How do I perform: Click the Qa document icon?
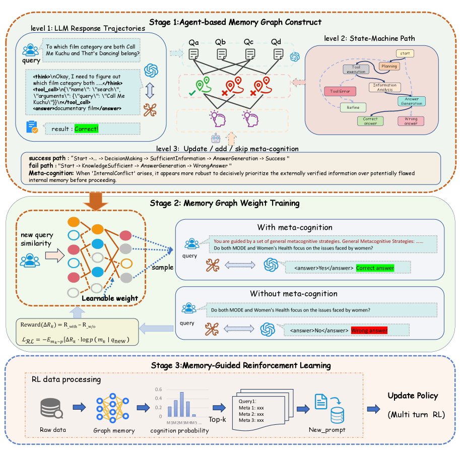194,54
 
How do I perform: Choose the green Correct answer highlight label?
375,268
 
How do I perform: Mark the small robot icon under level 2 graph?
216,138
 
